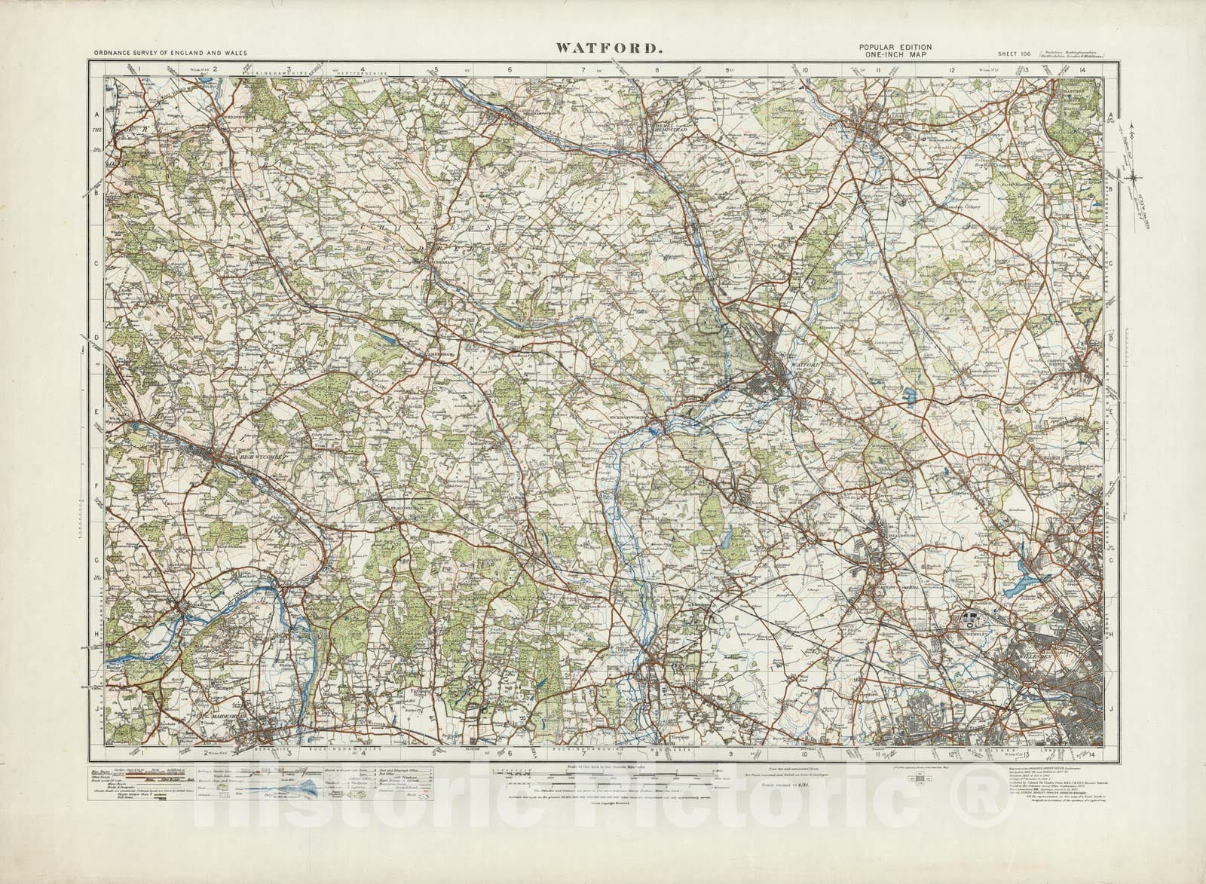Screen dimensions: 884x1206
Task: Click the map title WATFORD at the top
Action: [x=610, y=48]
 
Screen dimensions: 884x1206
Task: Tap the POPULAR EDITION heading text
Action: [x=895, y=47]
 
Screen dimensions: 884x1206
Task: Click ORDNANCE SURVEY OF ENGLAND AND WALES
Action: [x=170, y=54]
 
